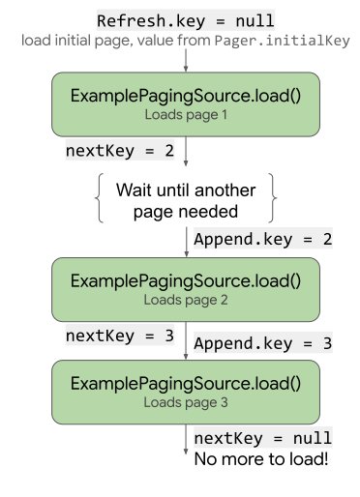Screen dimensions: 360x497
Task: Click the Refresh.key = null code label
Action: [186, 20]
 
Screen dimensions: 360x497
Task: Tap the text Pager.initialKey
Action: [283, 41]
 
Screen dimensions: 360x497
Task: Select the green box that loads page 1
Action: [186, 104]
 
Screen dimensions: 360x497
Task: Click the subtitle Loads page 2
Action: [186, 300]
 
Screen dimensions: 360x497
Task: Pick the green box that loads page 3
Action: [186, 392]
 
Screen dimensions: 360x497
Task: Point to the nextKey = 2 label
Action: [120, 150]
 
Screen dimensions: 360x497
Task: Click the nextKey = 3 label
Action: [120, 336]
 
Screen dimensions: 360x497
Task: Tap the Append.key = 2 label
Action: [263, 239]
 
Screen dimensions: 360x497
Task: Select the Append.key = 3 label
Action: [263, 343]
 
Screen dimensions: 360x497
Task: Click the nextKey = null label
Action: [263, 438]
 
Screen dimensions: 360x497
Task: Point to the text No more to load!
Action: [261, 459]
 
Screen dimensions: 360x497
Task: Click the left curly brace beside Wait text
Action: [99, 198]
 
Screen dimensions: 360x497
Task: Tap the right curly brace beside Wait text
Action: [273, 198]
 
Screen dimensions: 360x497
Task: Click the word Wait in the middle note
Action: [135, 190]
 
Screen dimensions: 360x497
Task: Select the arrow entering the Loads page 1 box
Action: [186, 60]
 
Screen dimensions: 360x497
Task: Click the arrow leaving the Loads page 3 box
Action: [186, 439]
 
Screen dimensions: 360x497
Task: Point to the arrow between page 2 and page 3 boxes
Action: [186, 340]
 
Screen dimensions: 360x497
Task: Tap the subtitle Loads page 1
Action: [186, 115]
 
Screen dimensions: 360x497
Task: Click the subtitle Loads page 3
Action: [186, 402]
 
